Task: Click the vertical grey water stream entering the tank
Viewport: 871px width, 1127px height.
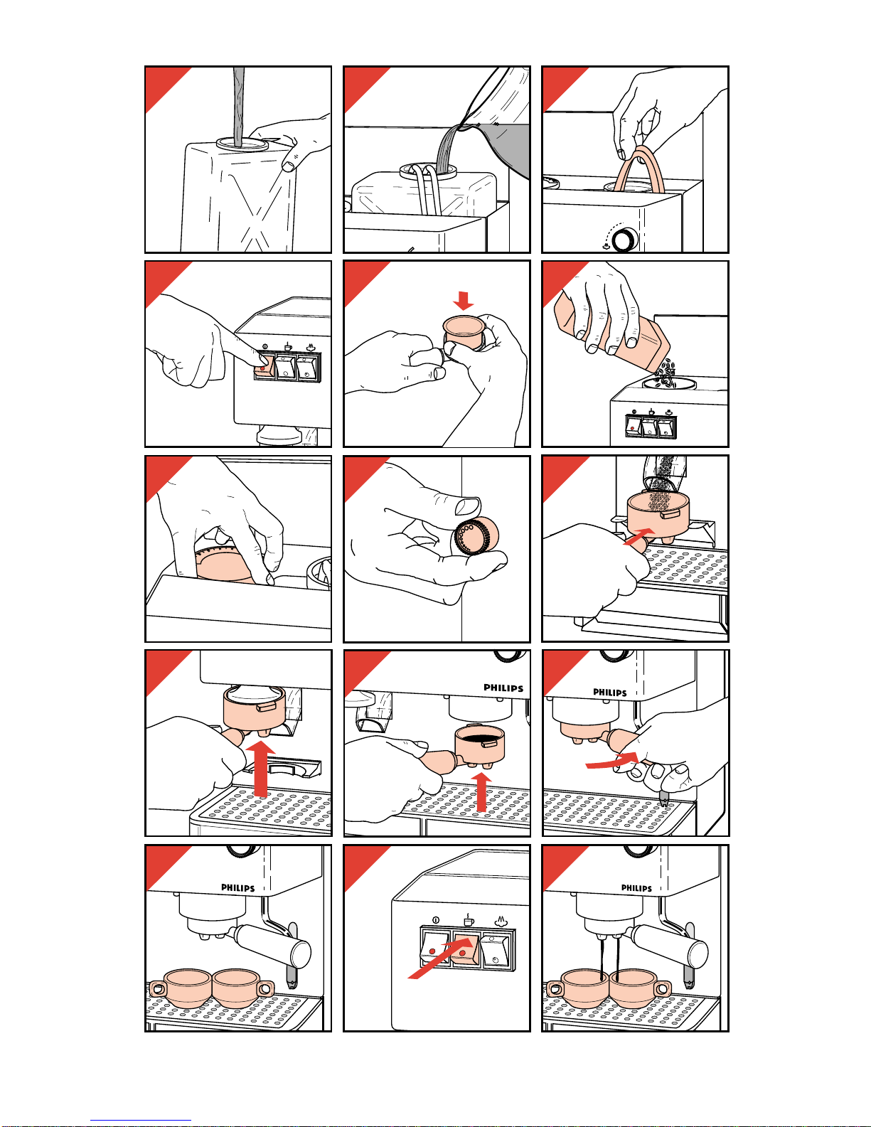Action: tap(238, 107)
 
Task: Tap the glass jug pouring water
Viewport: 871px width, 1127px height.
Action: tap(498, 124)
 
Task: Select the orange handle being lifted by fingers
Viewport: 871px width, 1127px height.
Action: tap(639, 169)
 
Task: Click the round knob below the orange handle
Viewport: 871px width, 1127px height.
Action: tap(624, 239)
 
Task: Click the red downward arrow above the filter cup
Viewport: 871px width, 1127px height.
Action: tap(463, 300)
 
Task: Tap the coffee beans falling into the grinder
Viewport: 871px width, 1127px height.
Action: tap(665, 375)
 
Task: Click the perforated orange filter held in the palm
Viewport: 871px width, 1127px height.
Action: tap(476, 535)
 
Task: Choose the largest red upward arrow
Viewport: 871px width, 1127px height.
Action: tap(261, 769)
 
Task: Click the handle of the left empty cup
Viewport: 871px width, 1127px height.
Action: tap(159, 989)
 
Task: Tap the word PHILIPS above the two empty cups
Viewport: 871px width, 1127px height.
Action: tap(237, 887)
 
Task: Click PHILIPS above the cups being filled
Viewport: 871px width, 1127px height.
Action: tap(636, 887)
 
